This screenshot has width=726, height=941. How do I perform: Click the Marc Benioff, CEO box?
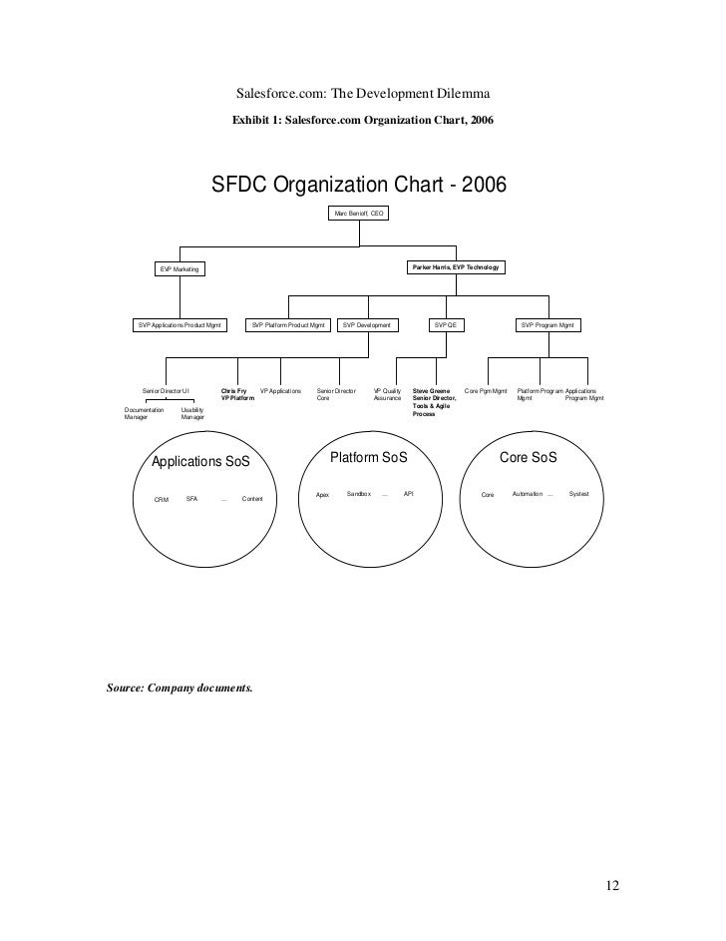click(359, 215)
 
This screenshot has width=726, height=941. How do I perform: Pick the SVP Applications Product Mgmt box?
click(181, 325)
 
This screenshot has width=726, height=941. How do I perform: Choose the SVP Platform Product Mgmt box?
click(289, 325)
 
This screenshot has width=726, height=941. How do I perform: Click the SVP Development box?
click(367, 325)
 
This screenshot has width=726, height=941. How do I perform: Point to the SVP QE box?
click(445, 325)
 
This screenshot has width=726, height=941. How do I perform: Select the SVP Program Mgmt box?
click(548, 325)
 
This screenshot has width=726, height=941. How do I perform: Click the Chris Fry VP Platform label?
click(237, 394)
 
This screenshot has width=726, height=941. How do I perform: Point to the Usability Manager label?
click(193, 413)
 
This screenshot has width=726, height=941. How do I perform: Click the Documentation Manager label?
click(144, 413)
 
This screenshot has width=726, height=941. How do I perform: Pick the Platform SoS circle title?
click(368, 456)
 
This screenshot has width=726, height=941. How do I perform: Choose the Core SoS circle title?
click(528, 457)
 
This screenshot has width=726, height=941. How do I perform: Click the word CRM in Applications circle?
click(162, 499)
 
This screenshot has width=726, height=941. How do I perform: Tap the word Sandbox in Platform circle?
click(358, 494)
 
